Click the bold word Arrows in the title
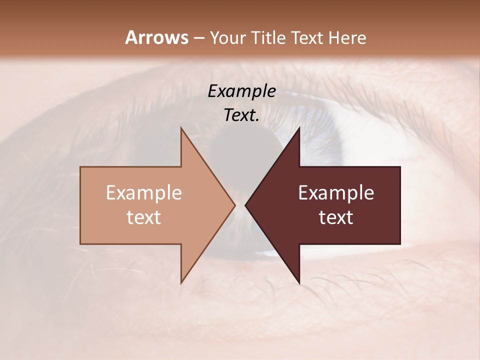[x=156, y=37]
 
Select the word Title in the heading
[x=269, y=38]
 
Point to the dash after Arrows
[x=198, y=38]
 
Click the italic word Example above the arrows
[x=241, y=91]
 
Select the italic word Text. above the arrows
[x=241, y=115]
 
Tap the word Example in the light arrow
[x=144, y=193]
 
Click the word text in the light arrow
[x=144, y=217]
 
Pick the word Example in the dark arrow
[x=336, y=193]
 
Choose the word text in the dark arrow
[x=336, y=217]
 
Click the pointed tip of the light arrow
[x=234, y=205]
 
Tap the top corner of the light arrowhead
[x=181, y=128]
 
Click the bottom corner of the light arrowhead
[x=181, y=283]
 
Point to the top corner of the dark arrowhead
[x=299, y=128]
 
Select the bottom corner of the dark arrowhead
[x=299, y=283]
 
